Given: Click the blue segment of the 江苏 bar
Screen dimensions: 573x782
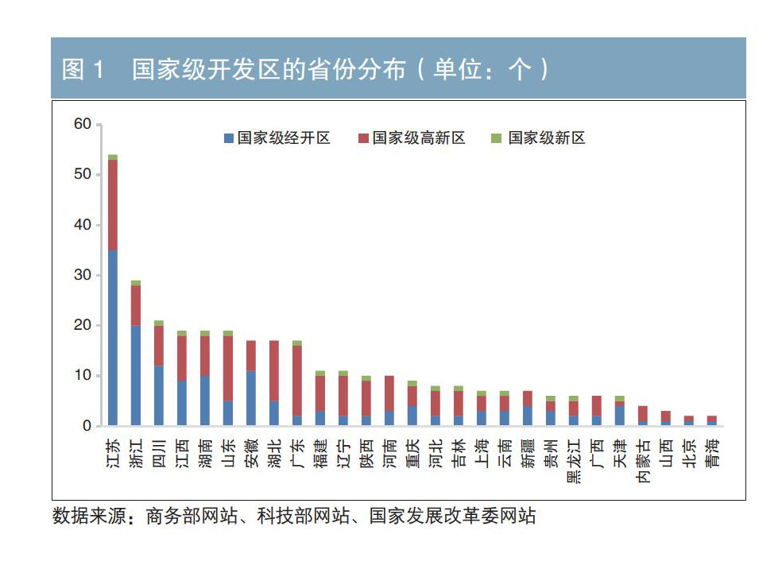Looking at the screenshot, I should click(x=113, y=338).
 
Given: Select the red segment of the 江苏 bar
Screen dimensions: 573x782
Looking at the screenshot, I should click(x=113, y=205).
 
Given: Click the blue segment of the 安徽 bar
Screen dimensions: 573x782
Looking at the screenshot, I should click(x=251, y=398).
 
